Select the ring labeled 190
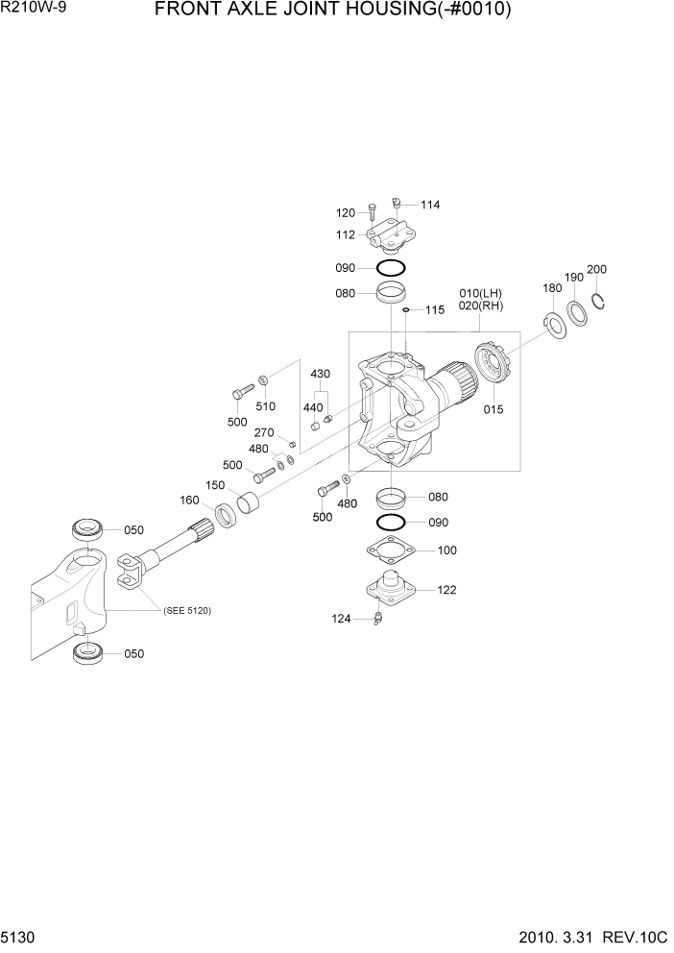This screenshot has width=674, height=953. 578,312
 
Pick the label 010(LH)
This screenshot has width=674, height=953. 480,293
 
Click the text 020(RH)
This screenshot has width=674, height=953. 480,306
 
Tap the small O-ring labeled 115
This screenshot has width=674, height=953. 407,310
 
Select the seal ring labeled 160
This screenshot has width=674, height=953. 227,515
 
